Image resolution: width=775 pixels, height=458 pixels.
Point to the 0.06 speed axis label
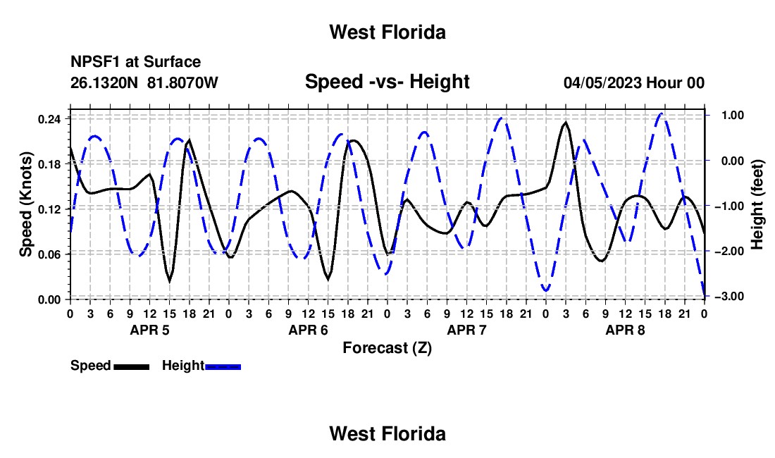pos(49,254)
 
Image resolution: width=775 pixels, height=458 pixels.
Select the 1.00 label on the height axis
pos(733,115)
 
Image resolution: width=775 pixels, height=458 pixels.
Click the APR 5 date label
pos(149,330)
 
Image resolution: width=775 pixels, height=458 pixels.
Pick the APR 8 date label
pos(625,330)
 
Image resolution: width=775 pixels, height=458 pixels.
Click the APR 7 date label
pos(466,330)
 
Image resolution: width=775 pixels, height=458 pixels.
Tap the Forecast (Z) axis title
pos(387,348)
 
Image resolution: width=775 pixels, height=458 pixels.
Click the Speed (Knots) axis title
pos(25,204)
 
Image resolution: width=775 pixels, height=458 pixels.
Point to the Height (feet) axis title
pos(757,204)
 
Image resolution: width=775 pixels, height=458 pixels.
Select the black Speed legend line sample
pos(132,366)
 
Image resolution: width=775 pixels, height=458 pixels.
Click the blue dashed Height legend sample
pos(223,366)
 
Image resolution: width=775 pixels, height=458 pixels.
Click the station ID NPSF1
pos(96,62)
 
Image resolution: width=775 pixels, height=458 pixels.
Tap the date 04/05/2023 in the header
pos(602,83)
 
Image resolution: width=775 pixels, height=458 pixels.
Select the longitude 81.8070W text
pos(182,82)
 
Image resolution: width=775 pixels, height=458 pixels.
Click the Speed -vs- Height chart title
pos(387,82)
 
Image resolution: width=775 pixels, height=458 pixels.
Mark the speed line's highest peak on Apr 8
pos(565,123)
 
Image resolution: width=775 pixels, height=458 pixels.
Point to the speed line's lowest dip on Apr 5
pos(170,280)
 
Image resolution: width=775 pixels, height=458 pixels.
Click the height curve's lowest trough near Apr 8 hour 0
pos(545,290)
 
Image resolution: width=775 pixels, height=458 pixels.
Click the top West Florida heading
pos(387,32)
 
